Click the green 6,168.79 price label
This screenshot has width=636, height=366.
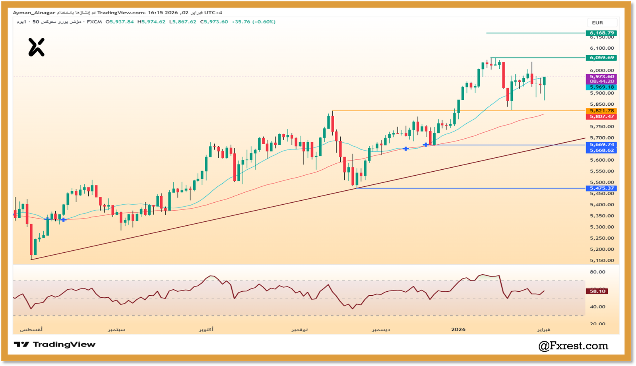pyautogui.click(x=601, y=33)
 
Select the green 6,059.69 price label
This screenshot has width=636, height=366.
pyautogui.click(x=601, y=58)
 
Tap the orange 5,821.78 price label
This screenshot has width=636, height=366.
pyautogui.click(x=601, y=111)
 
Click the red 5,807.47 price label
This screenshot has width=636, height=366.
pyautogui.click(x=601, y=116)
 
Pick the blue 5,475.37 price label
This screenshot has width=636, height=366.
pyautogui.click(x=601, y=188)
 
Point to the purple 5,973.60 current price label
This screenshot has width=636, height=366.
pyautogui.click(x=601, y=77)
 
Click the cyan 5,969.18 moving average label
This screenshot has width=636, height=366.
pyautogui.click(x=601, y=87)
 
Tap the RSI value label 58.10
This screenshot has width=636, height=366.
pyautogui.click(x=597, y=291)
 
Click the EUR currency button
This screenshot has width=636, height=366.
pyautogui.click(x=597, y=23)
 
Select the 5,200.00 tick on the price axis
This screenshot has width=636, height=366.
pyautogui.click(x=602, y=250)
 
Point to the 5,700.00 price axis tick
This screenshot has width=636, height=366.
pyautogui.click(x=602, y=138)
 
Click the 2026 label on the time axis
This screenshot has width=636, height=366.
pyautogui.click(x=458, y=329)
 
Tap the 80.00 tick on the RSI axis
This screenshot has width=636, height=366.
pyautogui.click(x=597, y=272)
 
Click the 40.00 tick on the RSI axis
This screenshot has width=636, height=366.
pyautogui.click(x=597, y=307)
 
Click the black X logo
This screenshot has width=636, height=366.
pyautogui.click(x=36, y=47)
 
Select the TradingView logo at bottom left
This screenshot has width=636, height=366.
pyautogui.click(x=55, y=345)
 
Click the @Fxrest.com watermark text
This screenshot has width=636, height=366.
pyautogui.click(x=573, y=346)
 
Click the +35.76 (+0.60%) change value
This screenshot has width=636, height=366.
pyautogui.click(x=253, y=22)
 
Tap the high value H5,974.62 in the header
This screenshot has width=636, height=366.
pyautogui.click(x=151, y=22)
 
